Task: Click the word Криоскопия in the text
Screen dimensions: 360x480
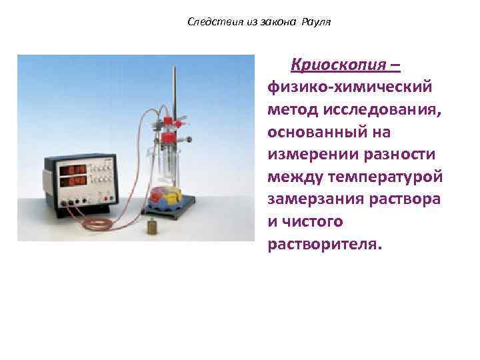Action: pos(337,65)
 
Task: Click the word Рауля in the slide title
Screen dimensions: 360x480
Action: pos(316,22)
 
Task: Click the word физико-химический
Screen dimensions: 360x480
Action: pos(349,87)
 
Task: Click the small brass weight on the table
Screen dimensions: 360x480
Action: pos(152,227)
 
